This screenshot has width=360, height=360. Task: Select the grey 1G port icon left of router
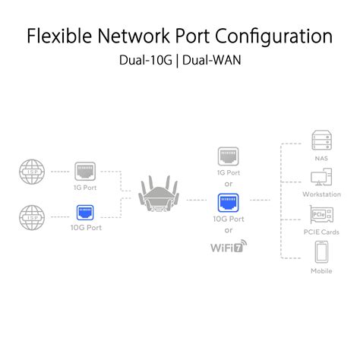(x=84, y=171)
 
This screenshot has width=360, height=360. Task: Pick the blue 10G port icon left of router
(x=84, y=213)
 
